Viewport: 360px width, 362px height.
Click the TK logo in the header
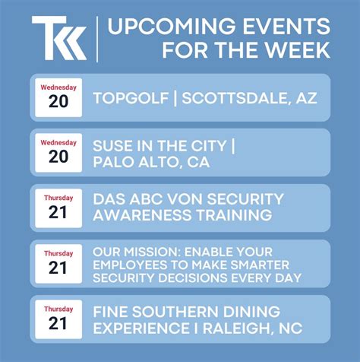(58, 38)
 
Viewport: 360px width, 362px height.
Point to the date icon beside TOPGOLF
(58, 97)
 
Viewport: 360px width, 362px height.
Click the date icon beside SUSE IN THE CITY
(58, 152)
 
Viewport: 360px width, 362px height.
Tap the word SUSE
(112, 144)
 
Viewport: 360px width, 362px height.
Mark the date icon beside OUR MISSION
(58, 263)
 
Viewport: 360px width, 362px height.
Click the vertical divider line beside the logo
(98, 38)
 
